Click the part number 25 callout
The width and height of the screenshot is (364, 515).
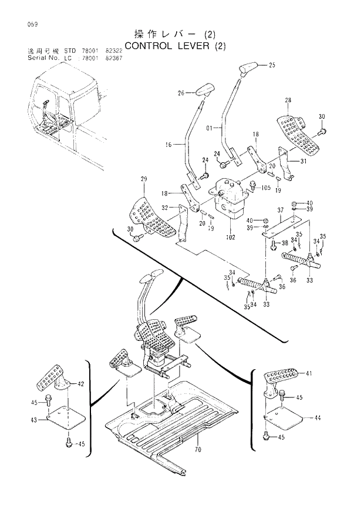(x=271, y=65)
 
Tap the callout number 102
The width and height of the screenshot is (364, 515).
(x=231, y=238)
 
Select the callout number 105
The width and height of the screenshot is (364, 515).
(x=266, y=188)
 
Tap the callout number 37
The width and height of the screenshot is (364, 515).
(x=281, y=210)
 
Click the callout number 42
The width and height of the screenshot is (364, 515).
(x=81, y=384)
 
